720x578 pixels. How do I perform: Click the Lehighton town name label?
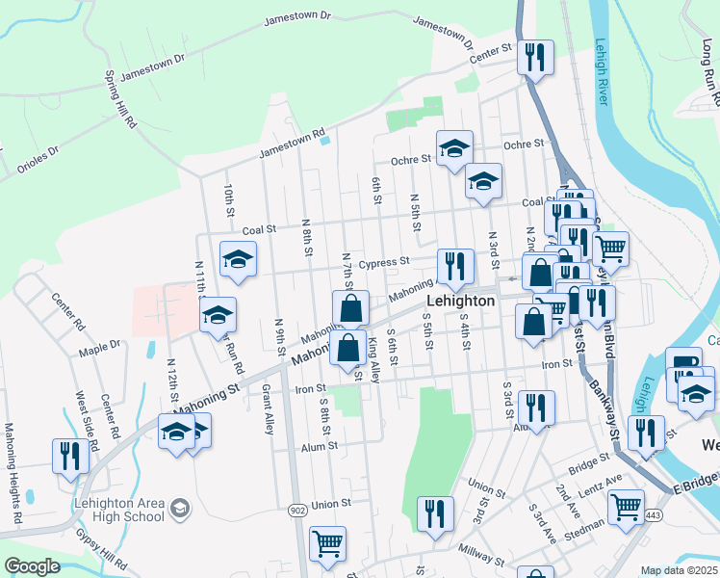(460, 301)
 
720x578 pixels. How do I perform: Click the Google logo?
(31, 566)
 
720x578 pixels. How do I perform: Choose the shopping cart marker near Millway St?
(327, 544)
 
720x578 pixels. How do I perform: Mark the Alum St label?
(320, 446)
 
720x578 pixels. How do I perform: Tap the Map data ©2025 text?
(679, 570)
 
